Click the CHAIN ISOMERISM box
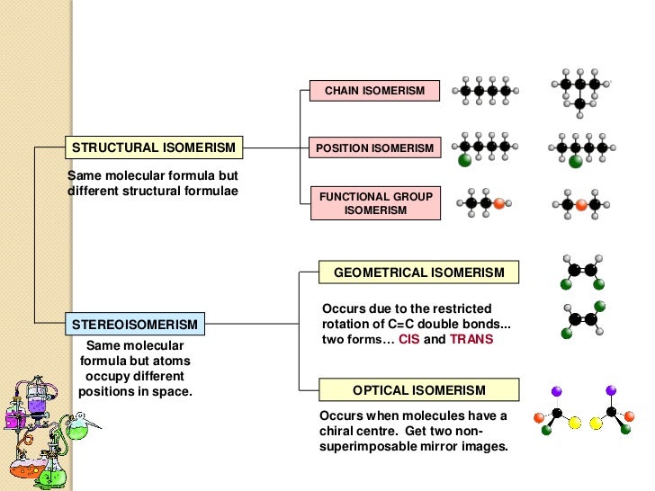point(374,92)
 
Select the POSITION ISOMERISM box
point(374,147)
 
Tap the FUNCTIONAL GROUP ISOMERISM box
point(374,203)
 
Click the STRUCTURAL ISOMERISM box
point(154,147)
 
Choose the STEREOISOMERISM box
point(135,323)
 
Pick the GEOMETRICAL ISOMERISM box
point(419,272)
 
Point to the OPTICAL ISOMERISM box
point(419,390)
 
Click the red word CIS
point(409,340)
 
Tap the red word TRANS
point(471,340)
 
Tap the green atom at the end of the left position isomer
point(464,161)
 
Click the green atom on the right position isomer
point(576,162)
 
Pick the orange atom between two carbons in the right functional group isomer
point(580,204)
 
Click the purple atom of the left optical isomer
point(556,391)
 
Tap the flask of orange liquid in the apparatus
point(20,459)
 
